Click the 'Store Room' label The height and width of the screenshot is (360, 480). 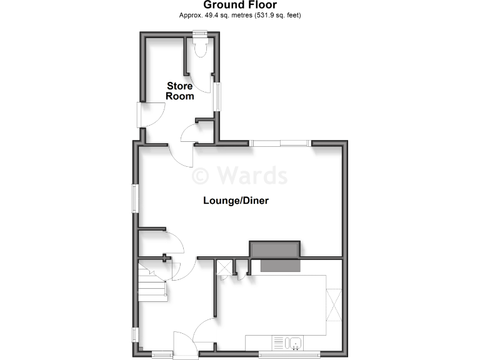179,91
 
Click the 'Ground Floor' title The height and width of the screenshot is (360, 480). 241,5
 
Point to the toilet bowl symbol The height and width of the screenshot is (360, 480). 200,48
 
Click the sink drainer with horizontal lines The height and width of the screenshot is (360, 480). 278,342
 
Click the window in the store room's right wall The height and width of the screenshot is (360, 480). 217,96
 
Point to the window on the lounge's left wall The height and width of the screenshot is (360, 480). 134,197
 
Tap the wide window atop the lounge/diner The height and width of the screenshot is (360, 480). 281,144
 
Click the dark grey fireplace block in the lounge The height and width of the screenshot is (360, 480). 275,249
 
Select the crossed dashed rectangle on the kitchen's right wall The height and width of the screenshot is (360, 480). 335,304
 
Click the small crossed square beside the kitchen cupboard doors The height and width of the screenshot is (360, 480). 222,268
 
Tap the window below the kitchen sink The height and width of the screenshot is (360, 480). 289,354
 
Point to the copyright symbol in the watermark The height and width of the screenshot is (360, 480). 201,175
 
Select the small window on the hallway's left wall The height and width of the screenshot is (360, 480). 134,335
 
